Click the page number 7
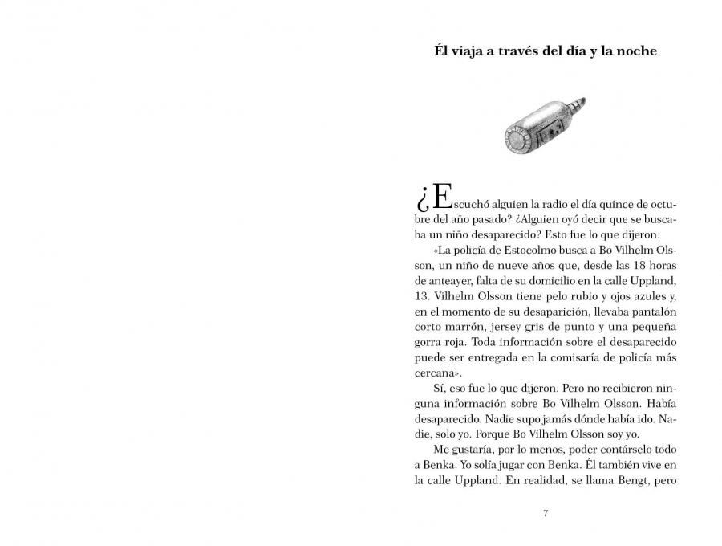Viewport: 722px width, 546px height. click(546, 513)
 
